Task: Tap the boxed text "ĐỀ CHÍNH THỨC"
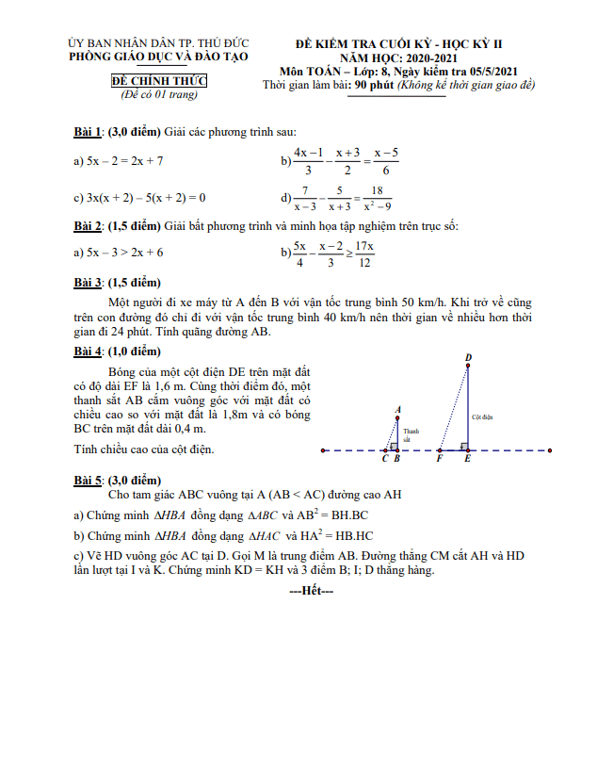coord(158,83)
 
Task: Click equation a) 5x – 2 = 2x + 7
coord(119,161)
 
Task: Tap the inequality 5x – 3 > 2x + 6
coord(119,253)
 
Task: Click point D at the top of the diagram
coord(468,359)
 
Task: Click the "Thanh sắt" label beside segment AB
coord(408,434)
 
